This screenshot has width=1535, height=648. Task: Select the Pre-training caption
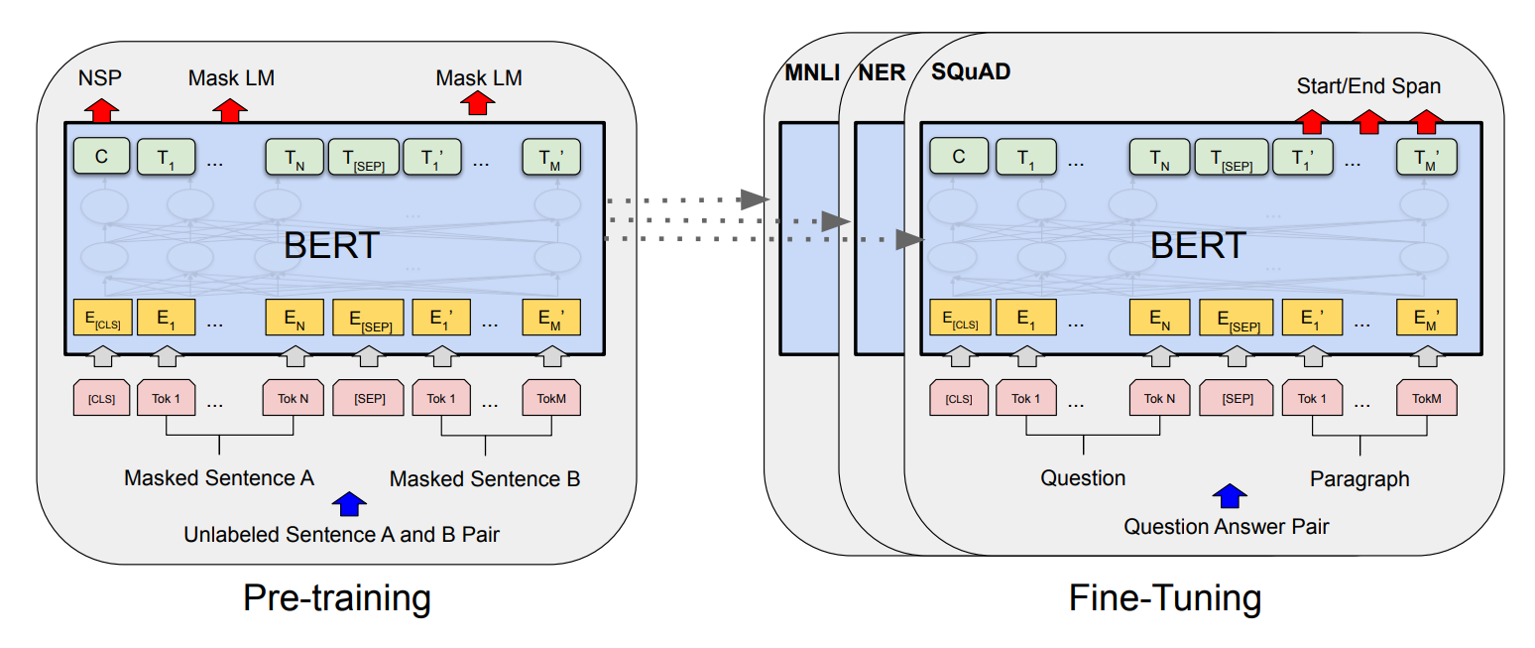337,598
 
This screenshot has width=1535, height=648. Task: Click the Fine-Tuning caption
1165,598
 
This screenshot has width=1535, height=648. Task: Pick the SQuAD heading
971,72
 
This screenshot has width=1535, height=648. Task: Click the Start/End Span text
1368,86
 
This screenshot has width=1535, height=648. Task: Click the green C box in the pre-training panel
101,157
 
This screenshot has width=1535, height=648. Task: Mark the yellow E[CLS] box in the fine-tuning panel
958,319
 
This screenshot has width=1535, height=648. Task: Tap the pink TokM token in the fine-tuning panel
1426,398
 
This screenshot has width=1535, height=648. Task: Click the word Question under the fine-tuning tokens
1083,478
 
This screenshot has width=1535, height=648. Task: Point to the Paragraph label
1359,479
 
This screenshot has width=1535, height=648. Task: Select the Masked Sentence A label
219,478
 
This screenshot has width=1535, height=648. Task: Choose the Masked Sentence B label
485,479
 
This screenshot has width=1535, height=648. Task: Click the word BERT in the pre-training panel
331,245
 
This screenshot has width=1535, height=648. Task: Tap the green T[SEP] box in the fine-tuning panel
1230,157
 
